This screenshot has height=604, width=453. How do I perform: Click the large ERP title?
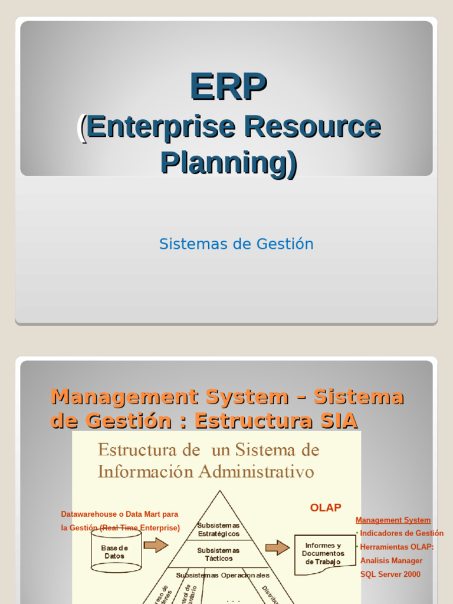[x=228, y=86]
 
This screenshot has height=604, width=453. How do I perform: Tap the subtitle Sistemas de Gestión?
[x=236, y=244]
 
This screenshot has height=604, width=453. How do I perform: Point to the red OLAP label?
[x=326, y=507]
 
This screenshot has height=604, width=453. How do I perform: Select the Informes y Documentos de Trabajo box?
[x=323, y=554]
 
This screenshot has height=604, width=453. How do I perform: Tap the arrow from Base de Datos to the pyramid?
[x=156, y=545]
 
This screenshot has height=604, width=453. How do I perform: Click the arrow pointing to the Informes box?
[x=277, y=547]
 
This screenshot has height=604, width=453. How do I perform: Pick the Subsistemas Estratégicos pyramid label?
[x=218, y=529]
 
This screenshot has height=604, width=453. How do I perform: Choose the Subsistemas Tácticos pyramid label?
[x=218, y=554]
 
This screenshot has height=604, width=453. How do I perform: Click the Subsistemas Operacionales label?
[x=222, y=575]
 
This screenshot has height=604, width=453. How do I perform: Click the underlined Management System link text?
[x=393, y=520]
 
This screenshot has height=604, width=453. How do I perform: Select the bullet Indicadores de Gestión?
[x=401, y=533]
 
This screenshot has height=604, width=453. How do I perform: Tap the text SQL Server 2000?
[x=390, y=574]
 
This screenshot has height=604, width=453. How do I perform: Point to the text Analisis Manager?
[x=391, y=560]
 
